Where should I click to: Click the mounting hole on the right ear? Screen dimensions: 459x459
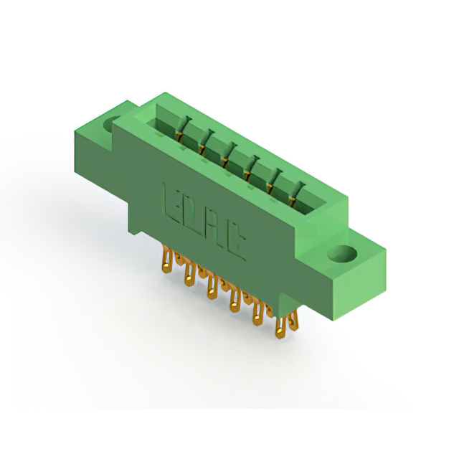(342, 253)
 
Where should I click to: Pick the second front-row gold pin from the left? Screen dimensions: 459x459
(189, 274)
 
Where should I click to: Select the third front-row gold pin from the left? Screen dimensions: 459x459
(212, 286)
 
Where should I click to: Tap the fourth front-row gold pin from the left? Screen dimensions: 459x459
(235, 300)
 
